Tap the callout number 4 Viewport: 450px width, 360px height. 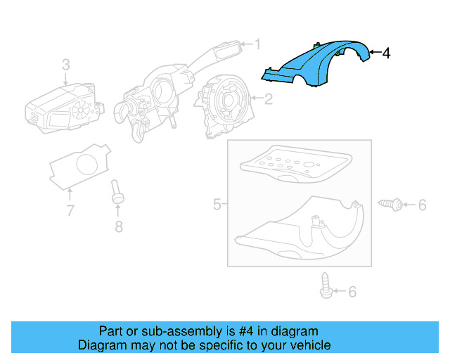[x=385, y=53]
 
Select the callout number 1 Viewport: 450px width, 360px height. [x=257, y=45]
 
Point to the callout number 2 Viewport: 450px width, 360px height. [x=268, y=99]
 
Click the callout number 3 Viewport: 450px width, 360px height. [x=65, y=65]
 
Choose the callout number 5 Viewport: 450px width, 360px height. [x=217, y=205]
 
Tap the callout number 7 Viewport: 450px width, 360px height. [x=70, y=210]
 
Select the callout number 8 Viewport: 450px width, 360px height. [x=118, y=226]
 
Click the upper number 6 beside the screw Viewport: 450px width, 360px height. [x=422, y=205]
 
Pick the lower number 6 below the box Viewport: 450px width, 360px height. [x=352, y=292]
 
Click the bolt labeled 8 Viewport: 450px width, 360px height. [x=117, y=193]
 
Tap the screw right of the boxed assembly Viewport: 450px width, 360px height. [x=391, y=205]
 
